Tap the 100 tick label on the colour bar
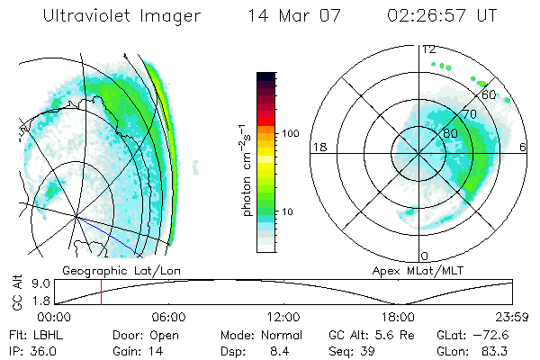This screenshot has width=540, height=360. pyautogui.click(x=291, y=132)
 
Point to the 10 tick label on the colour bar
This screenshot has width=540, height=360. pyautogui.click(x=287, y=211)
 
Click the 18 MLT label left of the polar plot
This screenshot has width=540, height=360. pyautogui.click(x=318, y=147)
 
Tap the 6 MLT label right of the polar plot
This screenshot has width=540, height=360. pyautogui.click(x=524, y=147)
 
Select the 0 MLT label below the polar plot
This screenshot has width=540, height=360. pyautogui.click(x=425, y=256)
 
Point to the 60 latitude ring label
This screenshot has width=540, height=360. pyautogui.click(x=490, y=94)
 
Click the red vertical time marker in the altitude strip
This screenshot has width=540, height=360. pyautogui.click(x=102, y=292)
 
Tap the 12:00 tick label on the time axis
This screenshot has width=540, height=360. pyautogui.click(x=283, y=316)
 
